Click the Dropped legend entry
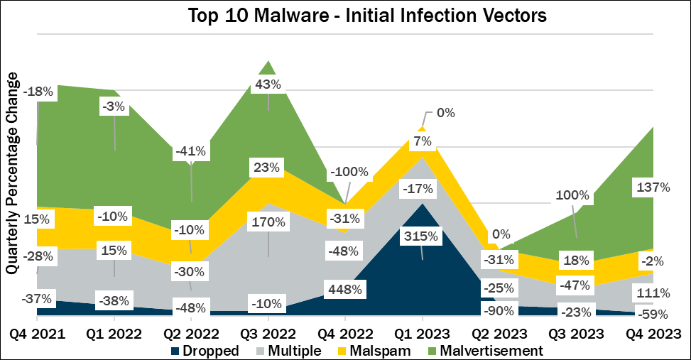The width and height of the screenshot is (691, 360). coord(203,350)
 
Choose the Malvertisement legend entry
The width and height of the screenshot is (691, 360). coord(483,350)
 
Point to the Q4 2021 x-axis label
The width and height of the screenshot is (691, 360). coord(37,332)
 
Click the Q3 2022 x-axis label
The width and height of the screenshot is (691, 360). coord(268,332)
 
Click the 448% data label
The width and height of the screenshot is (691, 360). coord(345,290)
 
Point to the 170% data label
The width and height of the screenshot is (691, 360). coord(268,222)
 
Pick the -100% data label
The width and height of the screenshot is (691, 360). coord(349,172)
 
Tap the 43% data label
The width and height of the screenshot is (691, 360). coord(268,84)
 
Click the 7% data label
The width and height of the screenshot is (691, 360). coord(423,141)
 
